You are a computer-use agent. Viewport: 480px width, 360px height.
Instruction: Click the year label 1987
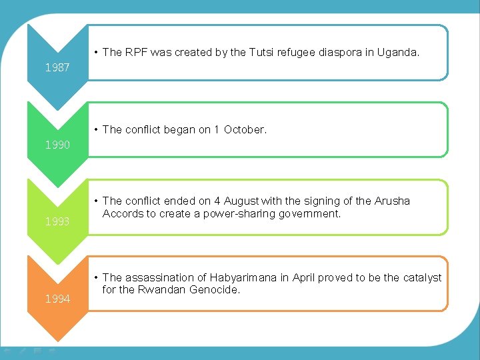tap(57, 67)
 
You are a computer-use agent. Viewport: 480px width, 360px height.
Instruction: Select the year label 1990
tap(57, 144)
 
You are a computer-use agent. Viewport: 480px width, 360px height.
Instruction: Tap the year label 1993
tap(57, 221)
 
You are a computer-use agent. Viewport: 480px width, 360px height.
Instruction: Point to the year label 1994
tap(57, 299)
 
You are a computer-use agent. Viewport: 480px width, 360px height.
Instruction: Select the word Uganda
tap(399, 52)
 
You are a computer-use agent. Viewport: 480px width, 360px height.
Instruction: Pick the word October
tap(245, 129)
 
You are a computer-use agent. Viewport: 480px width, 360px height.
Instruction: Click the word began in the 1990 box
tap(178, 129)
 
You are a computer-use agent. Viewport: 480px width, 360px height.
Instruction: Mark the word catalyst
tap(421, 277)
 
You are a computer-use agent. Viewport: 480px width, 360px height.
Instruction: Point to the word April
tap(301, 277)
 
